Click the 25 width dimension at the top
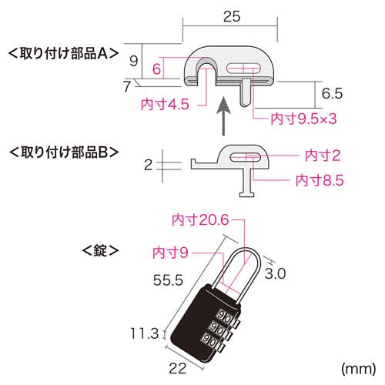[232, 16]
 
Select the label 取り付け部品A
[64, 54]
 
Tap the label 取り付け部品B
[64, 152]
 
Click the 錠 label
[100, 250]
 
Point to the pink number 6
[156, 69]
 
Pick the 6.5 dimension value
[332, 93]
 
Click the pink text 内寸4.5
[165, 105]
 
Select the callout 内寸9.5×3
[303, 119]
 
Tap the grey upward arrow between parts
[223, 115]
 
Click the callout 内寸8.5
[320, 180]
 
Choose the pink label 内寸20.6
[200, 220]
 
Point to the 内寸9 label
[170, 253]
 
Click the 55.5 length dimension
[168, 280]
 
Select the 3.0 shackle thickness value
[275, 273]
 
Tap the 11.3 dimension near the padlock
[145, 333]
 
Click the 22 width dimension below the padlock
[178, 368]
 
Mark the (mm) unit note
[359, 369]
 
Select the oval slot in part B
[246, 157]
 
